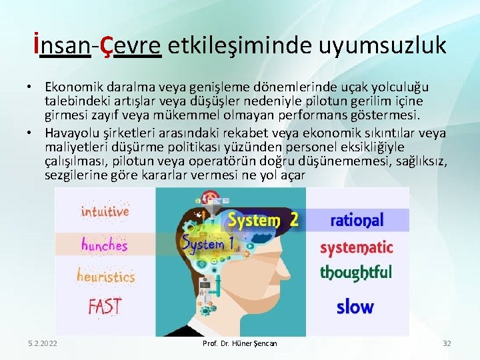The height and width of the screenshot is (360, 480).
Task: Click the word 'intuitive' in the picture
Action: click(x=105, y=212)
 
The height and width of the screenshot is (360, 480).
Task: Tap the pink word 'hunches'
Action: click(x=104, y=245)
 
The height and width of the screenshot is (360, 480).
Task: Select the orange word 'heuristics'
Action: click(x=105, y=276)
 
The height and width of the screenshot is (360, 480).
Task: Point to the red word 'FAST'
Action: click(x=105, y=307)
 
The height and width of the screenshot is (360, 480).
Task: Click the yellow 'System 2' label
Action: click(x=263, y=219)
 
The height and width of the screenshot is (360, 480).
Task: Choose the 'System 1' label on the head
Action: click(x=208, y=245)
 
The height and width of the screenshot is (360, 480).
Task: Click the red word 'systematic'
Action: click(x=357, y=249)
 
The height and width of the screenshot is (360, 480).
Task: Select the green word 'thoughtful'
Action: click(x=356, y=272)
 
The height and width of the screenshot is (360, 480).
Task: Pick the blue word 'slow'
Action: click(x=355, y=307)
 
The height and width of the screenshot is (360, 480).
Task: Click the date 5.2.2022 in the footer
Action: click(x=43, y=343)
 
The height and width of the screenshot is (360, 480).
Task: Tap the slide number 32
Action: click(x=447, y=343)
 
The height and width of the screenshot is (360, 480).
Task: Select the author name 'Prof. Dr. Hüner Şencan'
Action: click(x=239, y=343)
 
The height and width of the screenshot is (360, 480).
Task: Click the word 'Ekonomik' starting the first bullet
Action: click(x=73, y=87)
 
